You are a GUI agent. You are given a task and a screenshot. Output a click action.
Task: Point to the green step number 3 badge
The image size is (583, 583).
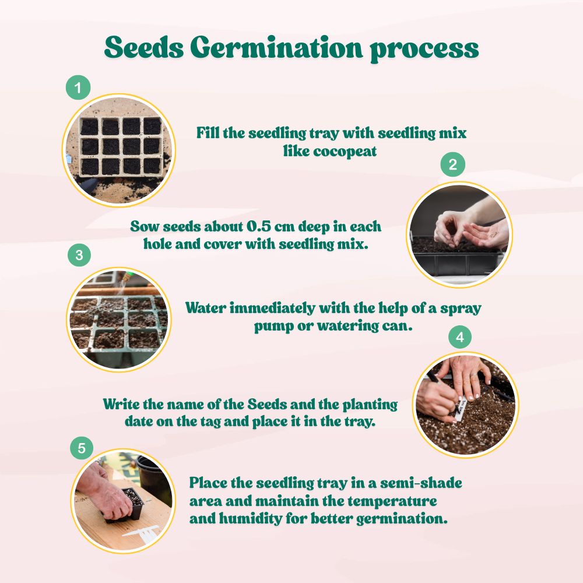79,255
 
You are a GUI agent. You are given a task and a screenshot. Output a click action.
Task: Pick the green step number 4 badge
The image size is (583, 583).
460,338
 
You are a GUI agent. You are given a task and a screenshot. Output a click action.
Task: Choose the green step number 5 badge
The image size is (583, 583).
82,448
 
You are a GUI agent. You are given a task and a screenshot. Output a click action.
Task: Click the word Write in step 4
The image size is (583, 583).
121,404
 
